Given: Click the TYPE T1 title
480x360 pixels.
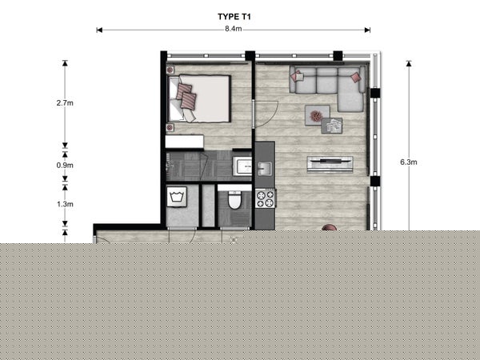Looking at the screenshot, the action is (234, 17).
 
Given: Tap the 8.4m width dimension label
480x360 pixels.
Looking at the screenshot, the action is (234, 29).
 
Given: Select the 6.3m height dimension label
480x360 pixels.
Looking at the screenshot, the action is (409, 162).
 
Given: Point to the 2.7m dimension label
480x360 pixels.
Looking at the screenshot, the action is (65, 103).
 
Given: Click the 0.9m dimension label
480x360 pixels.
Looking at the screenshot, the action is (65, 166).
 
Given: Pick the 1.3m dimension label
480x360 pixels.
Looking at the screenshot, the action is (65, 204).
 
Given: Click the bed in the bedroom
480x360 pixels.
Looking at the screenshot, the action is (199, 98).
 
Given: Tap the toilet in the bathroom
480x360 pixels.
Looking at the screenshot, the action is (234, 200).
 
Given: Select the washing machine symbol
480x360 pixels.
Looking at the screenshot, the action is (177, 197).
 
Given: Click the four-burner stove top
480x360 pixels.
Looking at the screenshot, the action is (266, 198).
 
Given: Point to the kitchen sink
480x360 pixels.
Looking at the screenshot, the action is (265, 168).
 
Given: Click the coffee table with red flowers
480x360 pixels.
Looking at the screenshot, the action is (317, 115).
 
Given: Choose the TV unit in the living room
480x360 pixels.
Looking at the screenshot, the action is (330, 165).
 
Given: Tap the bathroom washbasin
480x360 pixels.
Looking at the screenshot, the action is (242, 166).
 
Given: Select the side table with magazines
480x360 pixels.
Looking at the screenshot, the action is (332, 126).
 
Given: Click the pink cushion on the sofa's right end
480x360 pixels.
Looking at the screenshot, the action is (356, 77).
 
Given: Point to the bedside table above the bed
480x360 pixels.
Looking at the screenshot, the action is (170, 70).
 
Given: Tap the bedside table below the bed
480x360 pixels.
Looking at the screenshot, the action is (170, 128).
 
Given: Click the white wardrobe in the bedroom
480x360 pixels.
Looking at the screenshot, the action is (185, 142).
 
